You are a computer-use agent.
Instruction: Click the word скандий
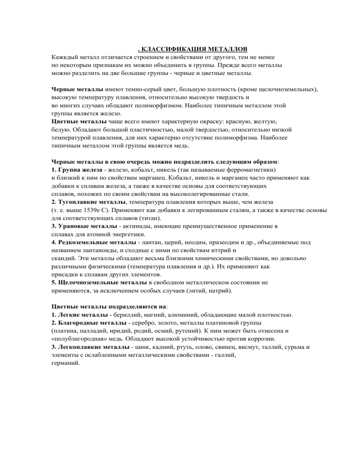[64, 259]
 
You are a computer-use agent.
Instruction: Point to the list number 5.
[54, 283]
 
